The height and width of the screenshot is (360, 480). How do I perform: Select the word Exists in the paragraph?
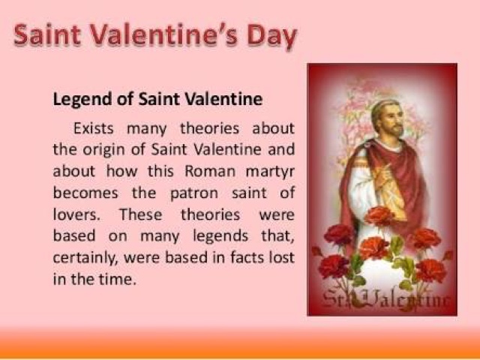pyautogui.click(x=93, y=128)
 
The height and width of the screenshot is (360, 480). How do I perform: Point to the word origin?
pyautogui.click(x=103, y=150)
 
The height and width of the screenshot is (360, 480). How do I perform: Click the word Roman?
pyautogui.click(x=210, y=171)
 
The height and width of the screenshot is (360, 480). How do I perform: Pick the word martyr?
pyautogui.click(x=270, y=172)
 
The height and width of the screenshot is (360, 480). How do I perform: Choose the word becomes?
pyautogui.click(x=85, y=193)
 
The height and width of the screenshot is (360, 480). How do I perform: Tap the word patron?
pyautogui.click(x=194, y=193)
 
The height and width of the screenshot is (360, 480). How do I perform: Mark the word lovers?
pyautogui.click(x=76, y=214)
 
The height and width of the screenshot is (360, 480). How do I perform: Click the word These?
pyautogui.click(x=140, y=214)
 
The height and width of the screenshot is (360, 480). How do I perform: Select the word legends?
pyautogui.click(x=220, y=236)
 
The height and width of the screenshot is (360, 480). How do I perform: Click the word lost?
pyautogui.click(x=282, y=257)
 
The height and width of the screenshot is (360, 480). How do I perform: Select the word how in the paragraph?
pyautogui.click(x=121, y=171)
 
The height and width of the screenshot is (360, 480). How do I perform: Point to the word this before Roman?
pyautogui.click(x=160, y=171)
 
